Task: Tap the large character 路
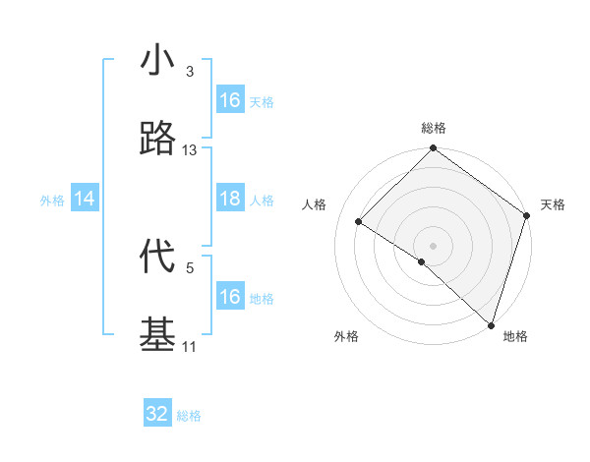tap(157, 140)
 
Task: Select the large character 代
tap(157, 257)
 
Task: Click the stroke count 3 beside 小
tap(189, 72)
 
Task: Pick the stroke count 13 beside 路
tap(189, 150)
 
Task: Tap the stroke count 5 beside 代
tap(189, 266)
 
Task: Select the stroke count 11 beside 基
tap(189, 346)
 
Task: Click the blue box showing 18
tap(230, 200)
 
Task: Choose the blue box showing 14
tap(85, 200)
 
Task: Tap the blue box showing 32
tap(157, 414)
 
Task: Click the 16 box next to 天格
tap(230, 100)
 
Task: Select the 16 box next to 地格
tap(230, 297)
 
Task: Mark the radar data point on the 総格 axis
tap(433, 149)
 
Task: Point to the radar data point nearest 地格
tap(490, 323)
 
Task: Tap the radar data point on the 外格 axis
tap(421, 261)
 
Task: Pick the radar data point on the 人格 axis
tap(359, 222)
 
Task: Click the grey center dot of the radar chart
tap(433, 245)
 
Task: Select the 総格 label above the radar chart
tap(433, 129)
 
